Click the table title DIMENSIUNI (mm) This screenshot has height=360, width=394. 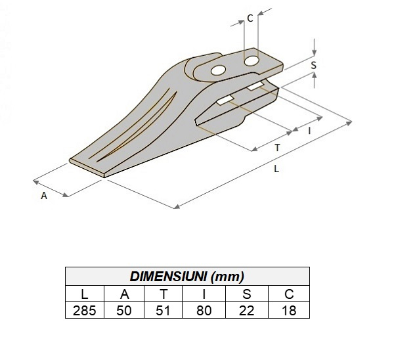(x=187, y=276)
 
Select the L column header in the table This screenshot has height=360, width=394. (x=85, y=293)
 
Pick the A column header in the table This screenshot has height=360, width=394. (x=125, y=293)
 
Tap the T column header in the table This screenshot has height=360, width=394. (x=165, y=293)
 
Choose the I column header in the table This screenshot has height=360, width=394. (x=204, y=293)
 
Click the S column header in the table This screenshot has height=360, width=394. (x=247, y=293)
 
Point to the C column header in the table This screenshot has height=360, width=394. (x=288, y=293)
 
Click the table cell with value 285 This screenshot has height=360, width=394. (x=85, y=310)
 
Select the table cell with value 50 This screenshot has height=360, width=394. (x=125, y=310)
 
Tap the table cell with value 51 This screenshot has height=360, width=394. (x=165, y=310)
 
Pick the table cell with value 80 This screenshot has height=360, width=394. (x=204, y=310)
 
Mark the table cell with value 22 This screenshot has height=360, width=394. (x=247, y=310)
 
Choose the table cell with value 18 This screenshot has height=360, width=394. (x=288, y=310)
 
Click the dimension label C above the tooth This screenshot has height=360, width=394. (x=250, y=18)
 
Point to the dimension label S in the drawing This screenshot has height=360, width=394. (x=313, y=66)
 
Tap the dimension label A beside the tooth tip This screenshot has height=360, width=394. (x=44, y=196)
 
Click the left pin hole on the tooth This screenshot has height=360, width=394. (x=218, y=70)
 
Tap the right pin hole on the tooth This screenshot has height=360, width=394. (x=252, y=61)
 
